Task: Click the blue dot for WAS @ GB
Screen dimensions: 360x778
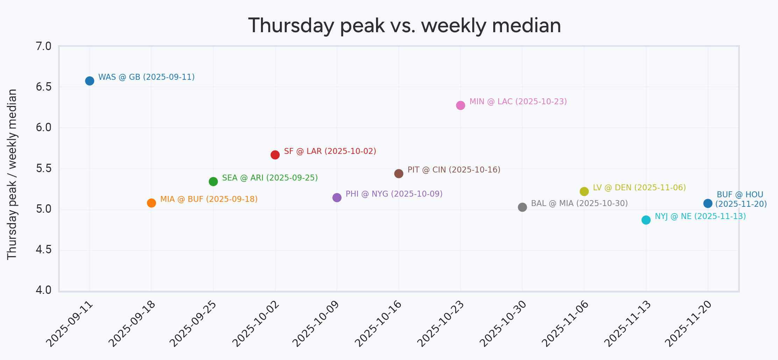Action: coord(90,81)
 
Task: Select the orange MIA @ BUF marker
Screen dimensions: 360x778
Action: coord(151,203)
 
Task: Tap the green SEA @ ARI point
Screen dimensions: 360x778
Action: coord(213,181)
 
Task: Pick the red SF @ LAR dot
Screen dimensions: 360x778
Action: coord(275,155)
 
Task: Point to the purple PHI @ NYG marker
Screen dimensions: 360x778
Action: coord(337,198)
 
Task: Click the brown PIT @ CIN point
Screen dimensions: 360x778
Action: coord(399,174)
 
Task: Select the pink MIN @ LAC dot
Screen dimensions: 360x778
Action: coord(461,105)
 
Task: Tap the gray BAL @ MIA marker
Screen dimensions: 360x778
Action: coord(522,207)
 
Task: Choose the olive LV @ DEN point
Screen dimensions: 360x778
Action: coord(584,191)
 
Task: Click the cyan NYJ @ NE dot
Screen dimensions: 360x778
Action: coord(646,220)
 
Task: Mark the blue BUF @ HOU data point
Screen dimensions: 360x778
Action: coord(708,203)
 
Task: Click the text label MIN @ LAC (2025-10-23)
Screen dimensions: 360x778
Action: coord(518,102)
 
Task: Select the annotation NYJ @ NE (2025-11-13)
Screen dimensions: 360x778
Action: coord(700,217)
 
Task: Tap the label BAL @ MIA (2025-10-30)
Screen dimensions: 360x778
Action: coord(579,204)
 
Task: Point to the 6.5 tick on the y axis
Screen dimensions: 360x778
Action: coord(44,87)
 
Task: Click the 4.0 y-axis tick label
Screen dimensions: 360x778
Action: coord(44,290)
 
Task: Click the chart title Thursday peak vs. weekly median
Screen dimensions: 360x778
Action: coord(404,26)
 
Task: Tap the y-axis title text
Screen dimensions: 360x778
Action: coord(12,174)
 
